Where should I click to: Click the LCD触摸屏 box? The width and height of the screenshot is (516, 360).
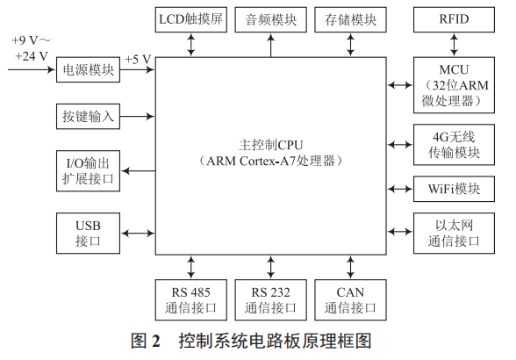[x=191, y=18]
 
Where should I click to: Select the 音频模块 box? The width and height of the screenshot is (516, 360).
[x=270, y=18]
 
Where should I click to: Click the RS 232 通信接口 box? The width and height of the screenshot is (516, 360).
[x=270, y=299]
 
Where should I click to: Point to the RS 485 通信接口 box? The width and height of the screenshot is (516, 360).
[x=191, y=299]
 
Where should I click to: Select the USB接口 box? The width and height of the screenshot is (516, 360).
[x=88, y=232]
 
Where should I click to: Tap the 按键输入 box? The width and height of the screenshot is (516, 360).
[x=88, y=116]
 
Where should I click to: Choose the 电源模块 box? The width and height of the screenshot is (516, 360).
[x=88, y=72]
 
